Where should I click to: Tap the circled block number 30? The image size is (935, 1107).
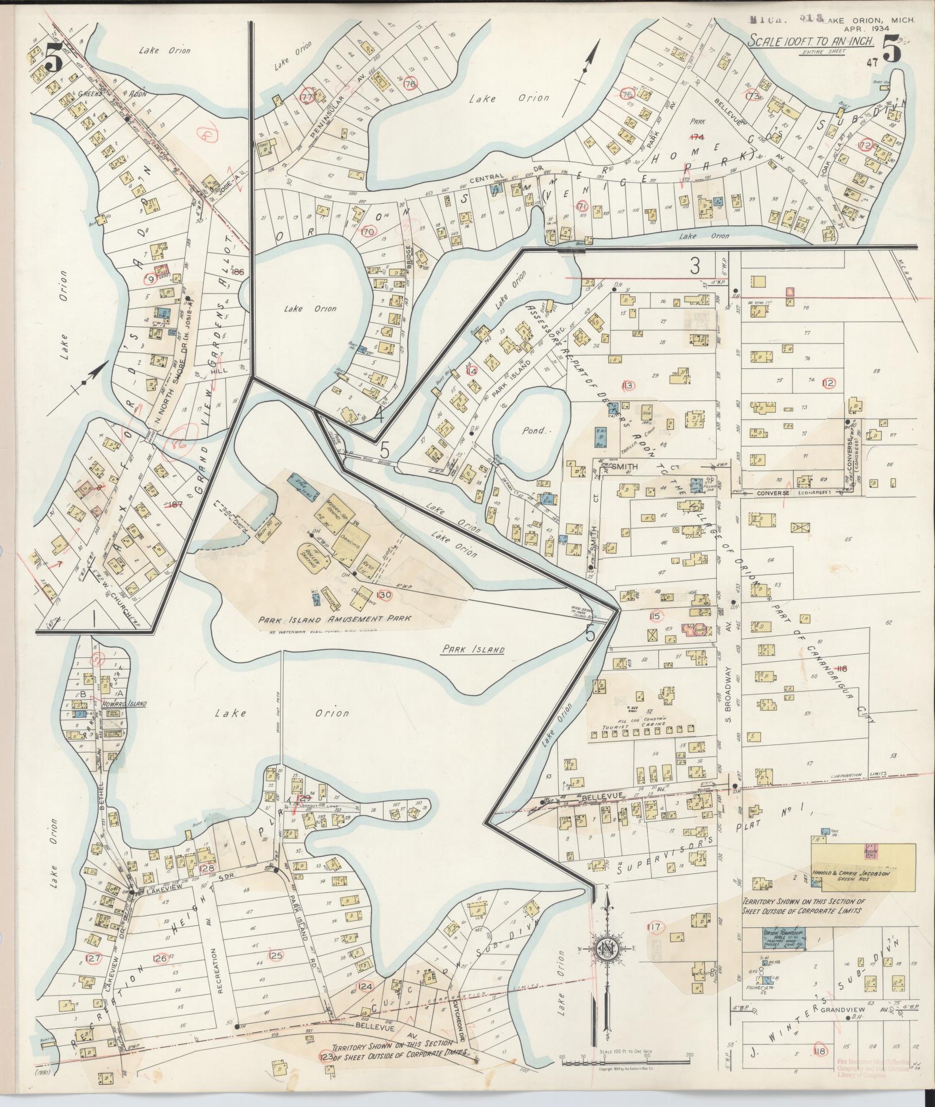pyautogui.click(x=385, y=595)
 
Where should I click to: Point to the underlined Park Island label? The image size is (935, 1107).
pyautogui.click(x=473, y=650)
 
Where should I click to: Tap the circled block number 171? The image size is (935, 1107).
pyautogui.click(x=581, y=206)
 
